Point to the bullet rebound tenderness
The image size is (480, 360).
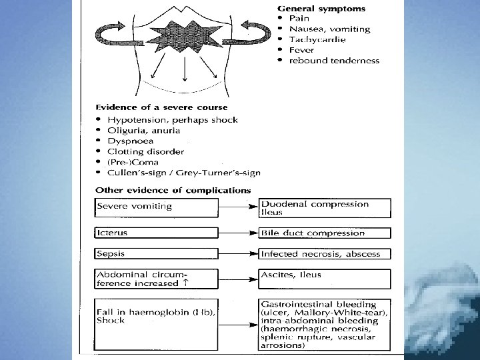(334, 60)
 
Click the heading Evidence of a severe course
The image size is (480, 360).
(161, 107)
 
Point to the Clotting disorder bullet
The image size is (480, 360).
(141, 151)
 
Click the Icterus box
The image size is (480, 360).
(156, 233)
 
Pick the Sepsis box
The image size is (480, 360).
(156, 254)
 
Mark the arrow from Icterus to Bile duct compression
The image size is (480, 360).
(239, 233)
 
